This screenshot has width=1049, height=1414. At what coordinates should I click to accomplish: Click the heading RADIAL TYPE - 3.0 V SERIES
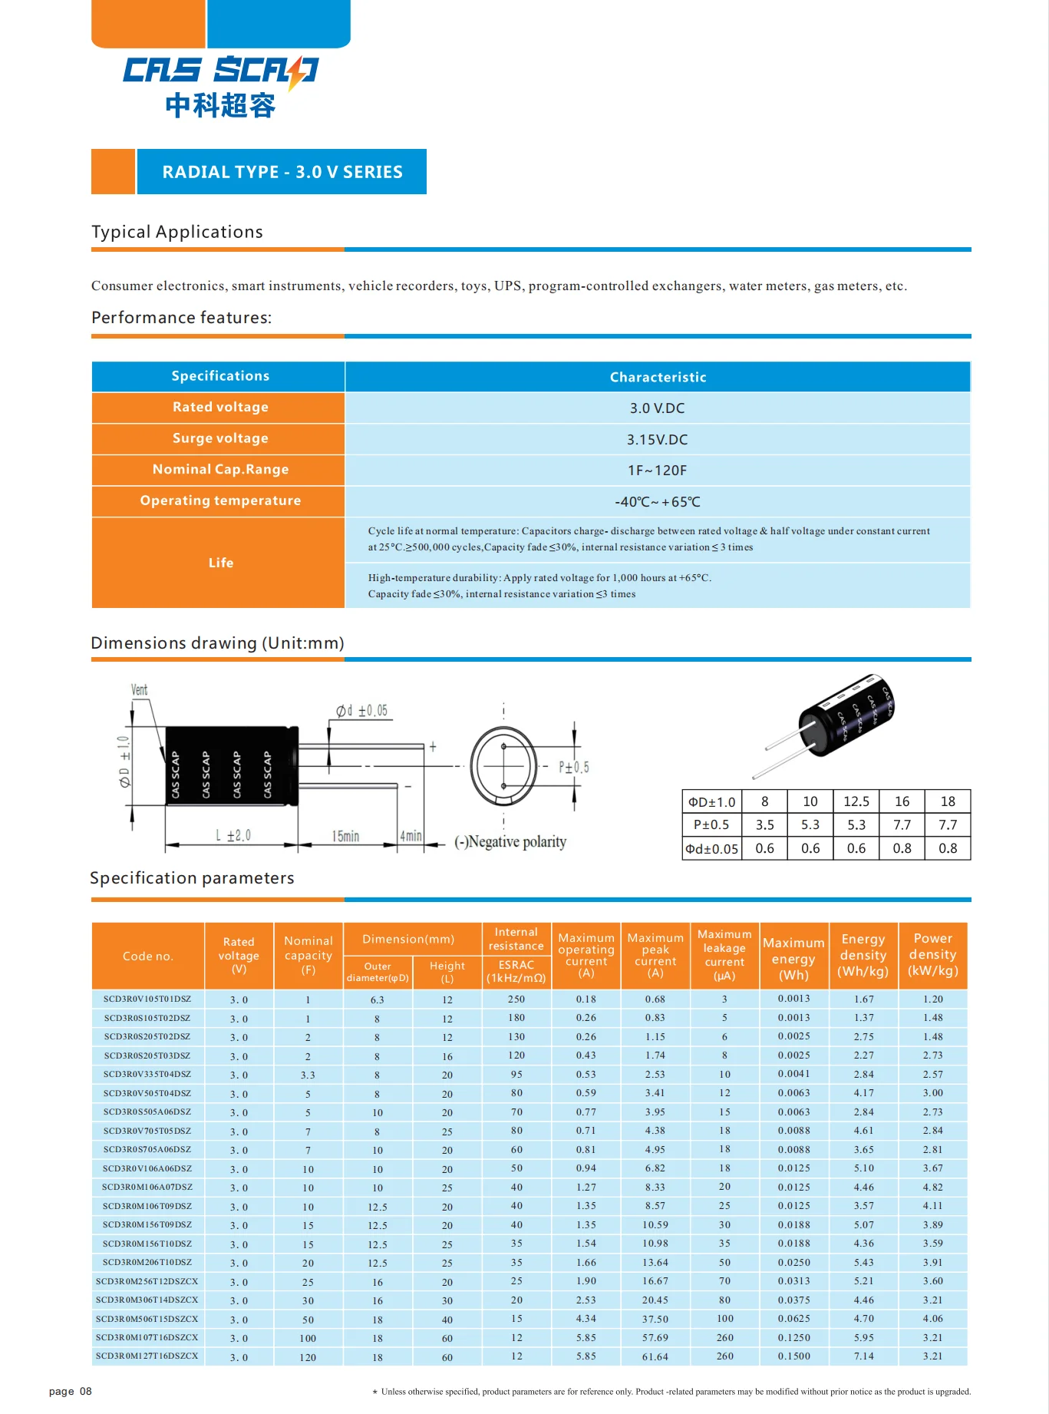click(282, 172)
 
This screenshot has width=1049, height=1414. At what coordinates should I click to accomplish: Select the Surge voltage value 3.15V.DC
click(657, 440)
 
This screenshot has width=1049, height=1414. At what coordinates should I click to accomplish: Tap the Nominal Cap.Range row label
click(220, 469)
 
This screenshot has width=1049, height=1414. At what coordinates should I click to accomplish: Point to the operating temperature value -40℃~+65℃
click(657, 502)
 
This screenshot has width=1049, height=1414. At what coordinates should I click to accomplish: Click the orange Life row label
click(220, 563)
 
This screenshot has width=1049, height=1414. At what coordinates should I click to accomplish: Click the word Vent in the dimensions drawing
click(139, 689)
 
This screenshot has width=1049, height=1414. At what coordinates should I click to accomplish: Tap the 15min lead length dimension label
click(345, 836)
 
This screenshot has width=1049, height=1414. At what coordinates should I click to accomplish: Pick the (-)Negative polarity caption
click(510, 842)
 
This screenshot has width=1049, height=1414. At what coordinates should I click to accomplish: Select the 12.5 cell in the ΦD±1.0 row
click(856, 801)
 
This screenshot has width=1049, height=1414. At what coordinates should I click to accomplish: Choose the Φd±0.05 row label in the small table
click(711, 849)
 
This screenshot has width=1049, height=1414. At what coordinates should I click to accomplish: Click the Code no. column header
click(148, 956)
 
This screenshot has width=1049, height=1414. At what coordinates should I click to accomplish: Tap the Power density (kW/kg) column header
click(932, 955)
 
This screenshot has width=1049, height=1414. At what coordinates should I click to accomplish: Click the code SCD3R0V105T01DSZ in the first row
click(147, 999)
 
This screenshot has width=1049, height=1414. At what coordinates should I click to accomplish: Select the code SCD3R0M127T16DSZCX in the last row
click(147, 1356)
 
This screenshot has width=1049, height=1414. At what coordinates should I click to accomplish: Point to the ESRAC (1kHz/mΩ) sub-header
click(516, 971)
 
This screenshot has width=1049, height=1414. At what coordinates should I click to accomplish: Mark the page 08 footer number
click(70, 1391)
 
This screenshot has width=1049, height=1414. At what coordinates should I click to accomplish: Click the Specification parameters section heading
click(192, 878)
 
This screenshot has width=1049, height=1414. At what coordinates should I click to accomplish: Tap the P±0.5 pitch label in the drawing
click(573, 767)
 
